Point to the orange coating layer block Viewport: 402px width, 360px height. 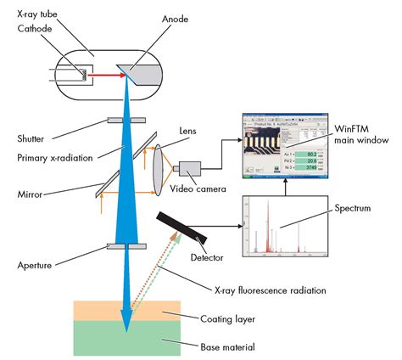(x=127, y=311)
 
